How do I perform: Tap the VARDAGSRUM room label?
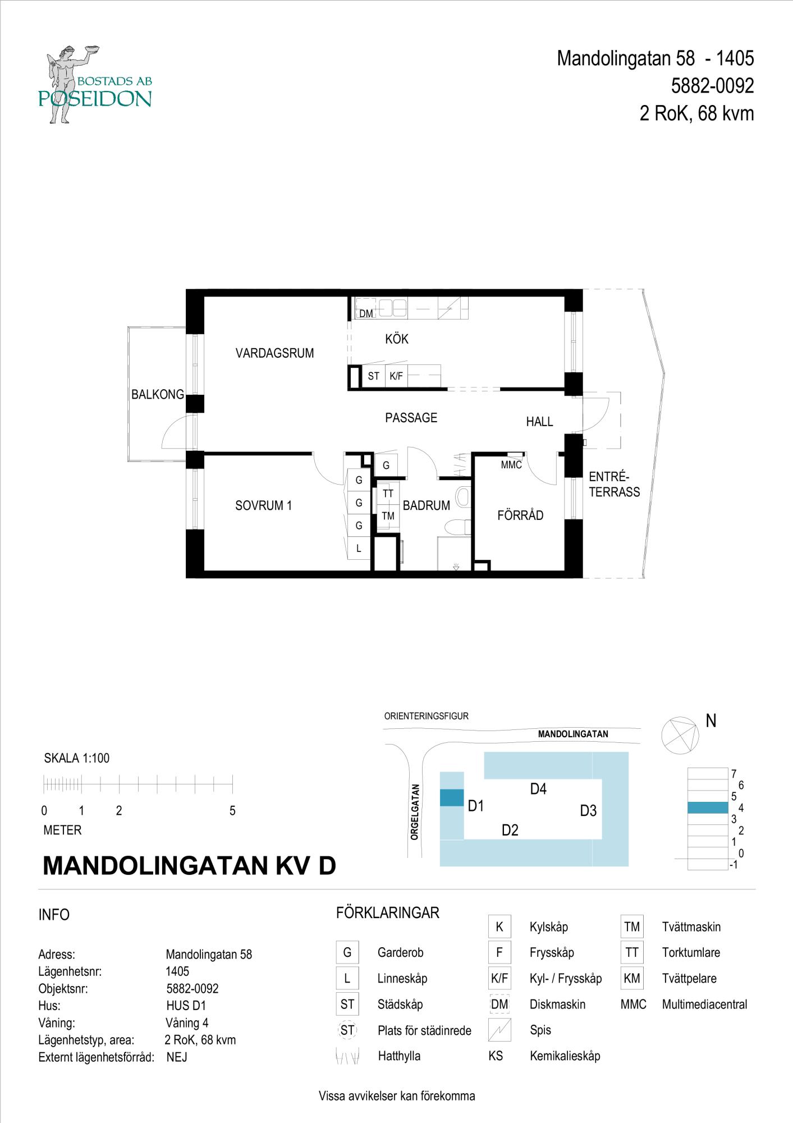(x=274, y=353)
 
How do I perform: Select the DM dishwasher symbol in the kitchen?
(x=366, y=313)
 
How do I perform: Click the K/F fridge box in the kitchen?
(x=396, y=376)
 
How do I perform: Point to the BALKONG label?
(x=157, y=395)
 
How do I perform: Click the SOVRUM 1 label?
(x=263, y=505)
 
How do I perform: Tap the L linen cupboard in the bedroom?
(x=359, y=549)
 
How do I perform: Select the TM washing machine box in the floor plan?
(x=388, y=516)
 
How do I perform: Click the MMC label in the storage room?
(x=511, y=465)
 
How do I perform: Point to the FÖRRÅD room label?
(x=520, y=515)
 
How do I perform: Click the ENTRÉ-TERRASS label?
(x=614, y=485)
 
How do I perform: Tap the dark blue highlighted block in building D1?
(x=451, y=798)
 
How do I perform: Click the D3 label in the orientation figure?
(x=588, y=811)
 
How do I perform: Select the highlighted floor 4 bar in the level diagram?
(x=708, y=807)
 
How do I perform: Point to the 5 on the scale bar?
(x=232, y=811)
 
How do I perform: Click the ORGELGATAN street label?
(x=415, y=812)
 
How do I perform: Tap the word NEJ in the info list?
(x=177, y=1057)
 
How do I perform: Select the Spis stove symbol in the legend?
(x=499, y=1030)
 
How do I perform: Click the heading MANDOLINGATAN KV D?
(x=189, y=866)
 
